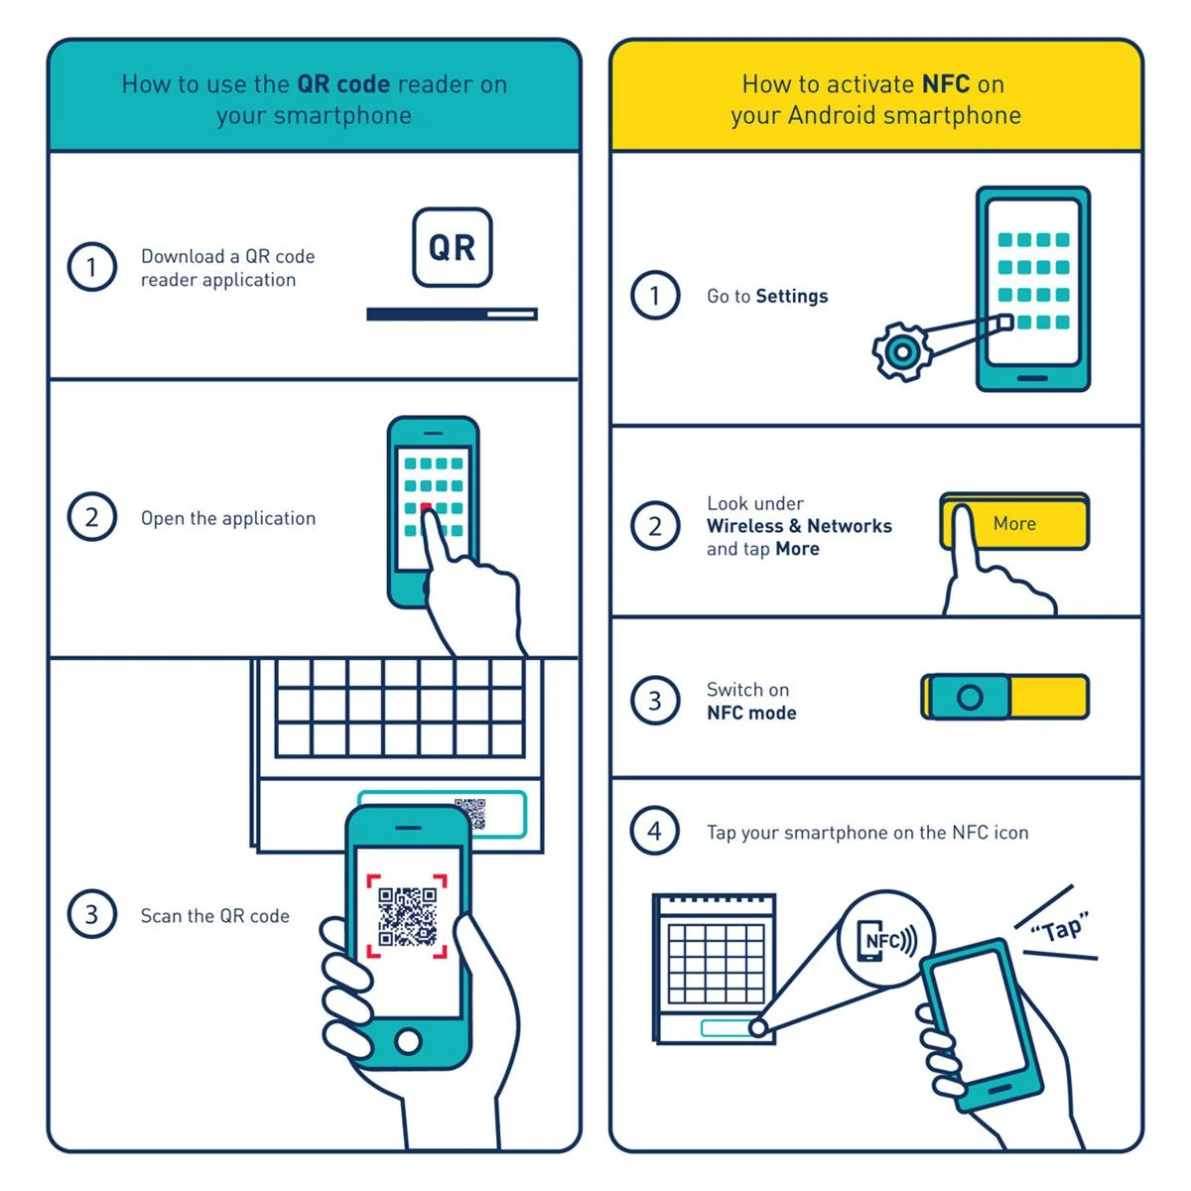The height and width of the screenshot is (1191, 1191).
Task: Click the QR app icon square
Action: (452, 247)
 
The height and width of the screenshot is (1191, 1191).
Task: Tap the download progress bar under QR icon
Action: (452, 314)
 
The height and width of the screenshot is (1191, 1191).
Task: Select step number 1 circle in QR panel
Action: (91, 267)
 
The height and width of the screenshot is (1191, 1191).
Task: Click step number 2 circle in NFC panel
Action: (655, 526)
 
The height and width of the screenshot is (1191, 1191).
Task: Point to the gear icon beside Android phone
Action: (902, 351)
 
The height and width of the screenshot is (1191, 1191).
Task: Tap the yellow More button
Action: (1014, 523)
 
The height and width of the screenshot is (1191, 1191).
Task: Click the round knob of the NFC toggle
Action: (970, 697)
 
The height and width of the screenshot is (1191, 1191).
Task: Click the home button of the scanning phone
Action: (408, 1041)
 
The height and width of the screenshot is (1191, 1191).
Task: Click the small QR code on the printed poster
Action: (470, 813)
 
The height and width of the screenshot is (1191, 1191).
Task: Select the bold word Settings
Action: (791, 296)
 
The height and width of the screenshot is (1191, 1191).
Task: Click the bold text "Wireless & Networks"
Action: (799, 526)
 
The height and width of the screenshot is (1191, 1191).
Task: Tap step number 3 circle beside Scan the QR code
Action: (91, 914)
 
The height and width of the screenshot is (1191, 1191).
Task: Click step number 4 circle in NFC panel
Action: (655, 831)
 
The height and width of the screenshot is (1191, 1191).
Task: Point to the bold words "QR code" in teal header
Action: (342, 84)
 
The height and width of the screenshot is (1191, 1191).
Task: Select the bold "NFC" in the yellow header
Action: (945, 84)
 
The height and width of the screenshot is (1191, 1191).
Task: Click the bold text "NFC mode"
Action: (751, 713)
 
